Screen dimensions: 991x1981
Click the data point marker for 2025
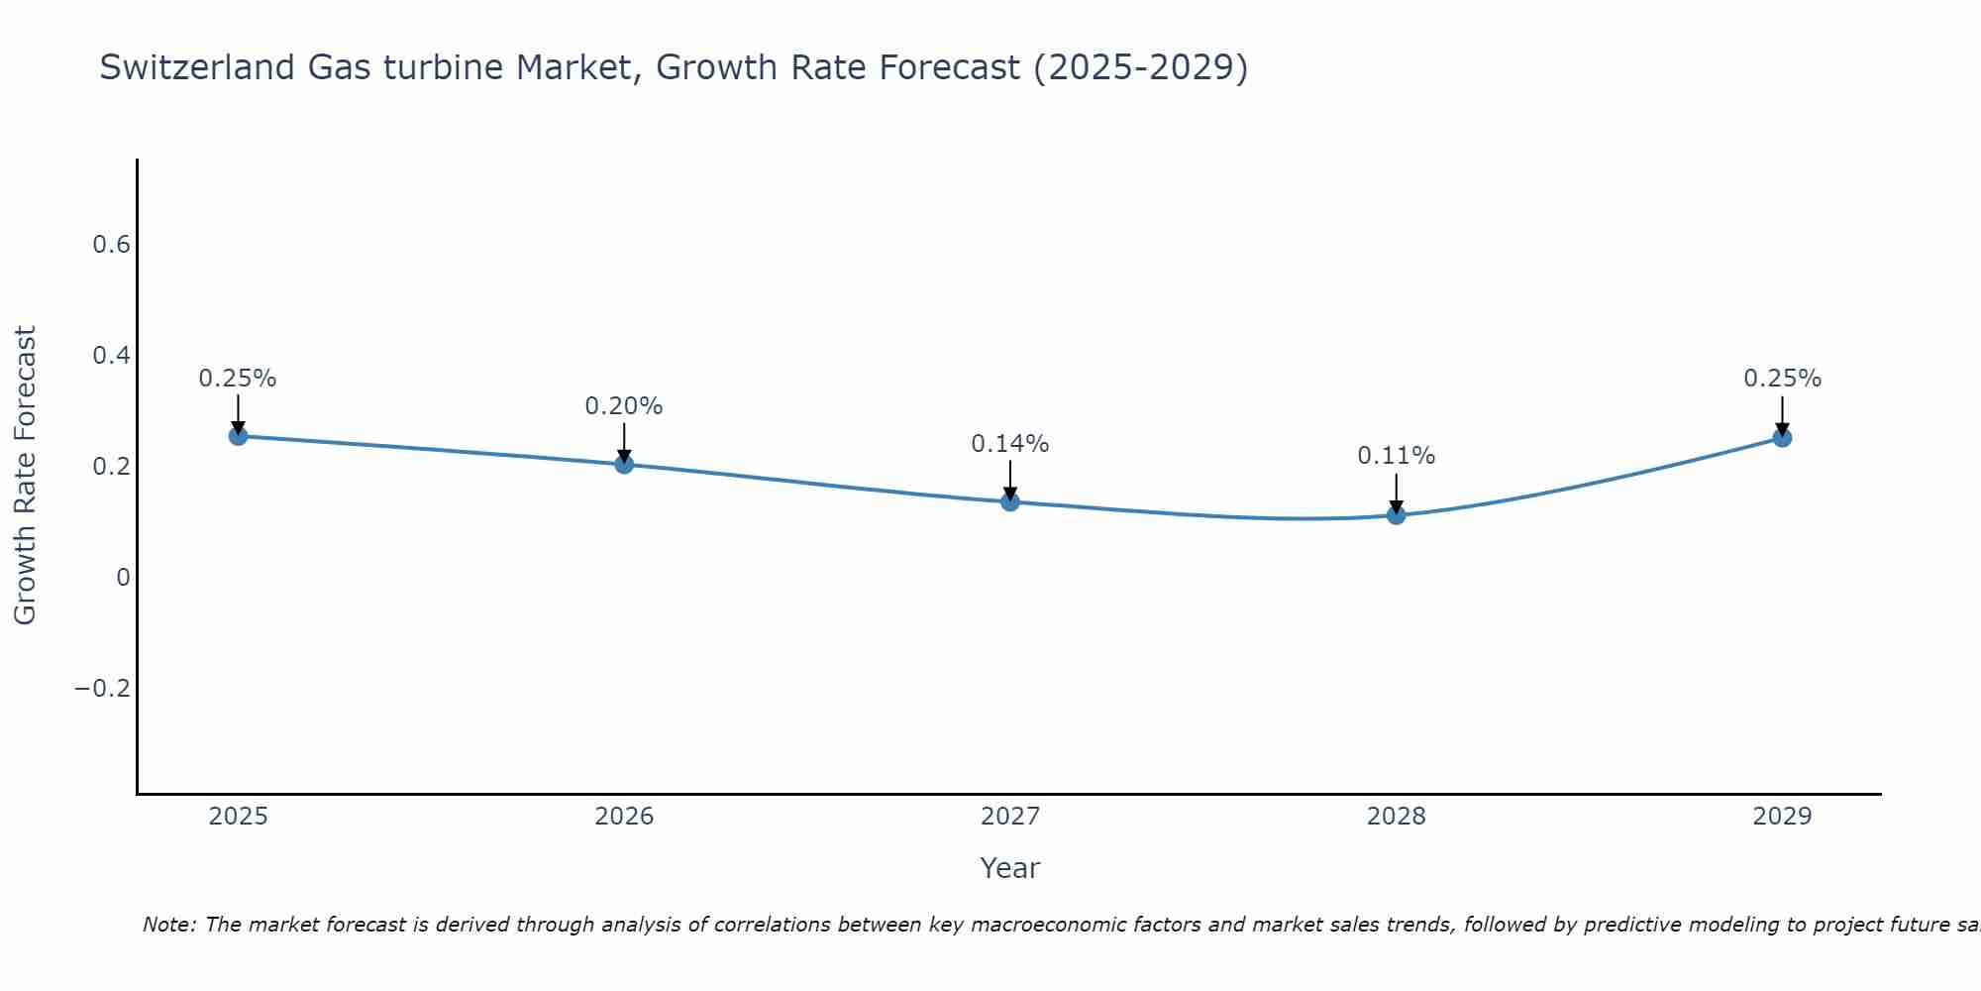coord(238,436)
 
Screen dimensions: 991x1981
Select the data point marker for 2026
coord(624,464)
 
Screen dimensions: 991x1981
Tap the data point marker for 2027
coord(1010,501)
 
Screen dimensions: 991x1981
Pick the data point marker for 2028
coord(1397,515)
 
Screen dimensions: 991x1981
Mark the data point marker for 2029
coord(1782,438)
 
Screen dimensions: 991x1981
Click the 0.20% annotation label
coord(624,406)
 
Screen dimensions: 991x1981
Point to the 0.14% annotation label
coord(1010,444)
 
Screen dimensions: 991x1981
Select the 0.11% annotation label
coord(1397,456)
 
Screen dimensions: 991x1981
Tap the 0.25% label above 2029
coord(1782,379)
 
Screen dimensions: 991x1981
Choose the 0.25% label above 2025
coord(238,379)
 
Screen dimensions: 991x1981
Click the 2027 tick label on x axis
coord(1010,817)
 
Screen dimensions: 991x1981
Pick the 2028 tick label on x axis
coord(1397,817)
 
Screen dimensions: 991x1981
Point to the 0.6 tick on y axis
coord(112,245)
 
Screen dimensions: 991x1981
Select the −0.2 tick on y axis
coord(103,689)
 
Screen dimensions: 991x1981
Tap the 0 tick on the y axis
coord(123,578)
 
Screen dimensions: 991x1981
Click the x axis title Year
coord(1010,868)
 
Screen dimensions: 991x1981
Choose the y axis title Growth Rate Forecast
coord(25,476)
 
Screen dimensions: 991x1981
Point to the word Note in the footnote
coord(168,925)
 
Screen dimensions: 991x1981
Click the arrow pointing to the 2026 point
coord(624,442)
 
